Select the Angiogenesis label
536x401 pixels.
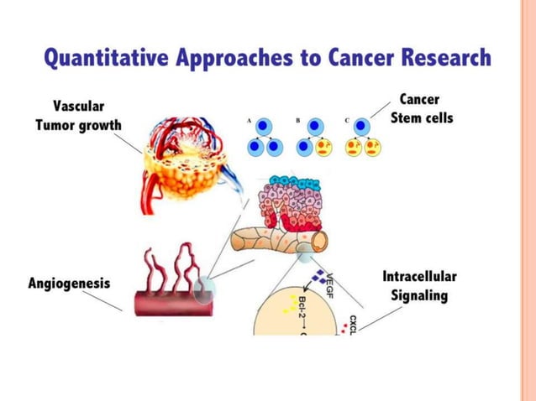pyautogui.click(x=68, y=284)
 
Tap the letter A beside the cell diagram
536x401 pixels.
pyautogui.click(x=249, y=121)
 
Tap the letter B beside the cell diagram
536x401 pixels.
pyautogui.click(x=297, y=121)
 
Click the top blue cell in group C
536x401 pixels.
pyautogui.click(x=362, y=127)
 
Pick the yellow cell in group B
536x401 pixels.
pyautogui.click(x=323, y=148)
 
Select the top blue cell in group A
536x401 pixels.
pyautogui.click(x=264, y=127)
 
